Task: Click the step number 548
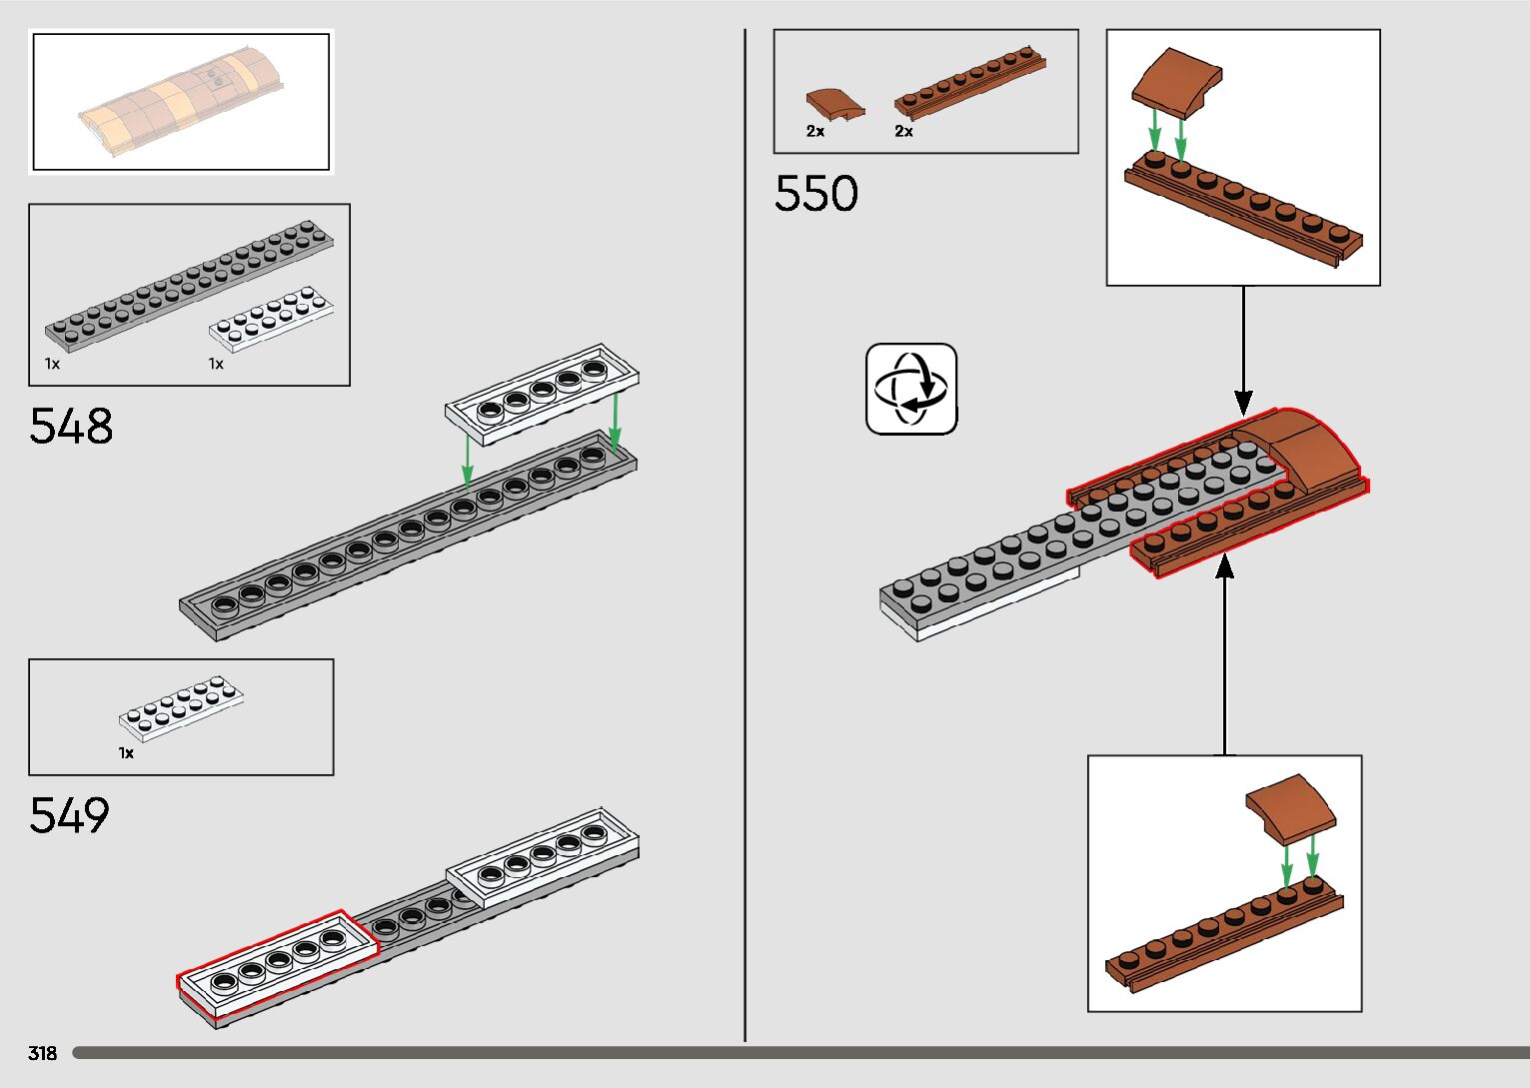tap(71, 427)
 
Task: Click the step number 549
tap(69, 816)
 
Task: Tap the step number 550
tap(815, 194)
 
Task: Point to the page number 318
tap(43, 1053)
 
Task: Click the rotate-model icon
tap(911, 389)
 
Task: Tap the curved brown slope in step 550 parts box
tap(834, 104)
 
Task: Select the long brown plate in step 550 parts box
tap(969, 82)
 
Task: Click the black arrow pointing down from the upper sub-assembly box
tap(1243, 350)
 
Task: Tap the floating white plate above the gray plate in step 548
tap(542, 394)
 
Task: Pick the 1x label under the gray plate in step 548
tap(52, 364)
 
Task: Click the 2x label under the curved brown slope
tap(815, 131)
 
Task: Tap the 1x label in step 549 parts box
tap(126, 752)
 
